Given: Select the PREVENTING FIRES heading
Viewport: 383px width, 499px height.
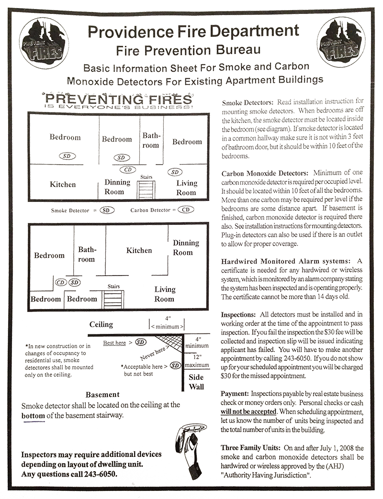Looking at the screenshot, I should coord(119,100).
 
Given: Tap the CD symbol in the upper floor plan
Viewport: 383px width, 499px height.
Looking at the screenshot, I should coord(128,168).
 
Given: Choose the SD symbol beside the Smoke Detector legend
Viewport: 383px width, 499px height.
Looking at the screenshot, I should coord(107,210).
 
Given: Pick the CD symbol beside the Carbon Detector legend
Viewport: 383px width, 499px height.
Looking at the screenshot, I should coord(186,210).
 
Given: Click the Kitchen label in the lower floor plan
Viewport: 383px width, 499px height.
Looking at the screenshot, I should coord(140,251).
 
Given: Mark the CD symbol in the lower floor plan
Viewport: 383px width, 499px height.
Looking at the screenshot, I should coord(60,283).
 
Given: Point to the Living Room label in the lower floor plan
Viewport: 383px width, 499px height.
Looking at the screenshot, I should coord(165,294).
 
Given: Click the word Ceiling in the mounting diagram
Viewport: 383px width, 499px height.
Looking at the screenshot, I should coord(101,325).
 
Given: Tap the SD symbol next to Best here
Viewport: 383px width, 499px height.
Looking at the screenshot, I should coord(140,342).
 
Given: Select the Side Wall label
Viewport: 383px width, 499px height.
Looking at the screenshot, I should coord(196,381).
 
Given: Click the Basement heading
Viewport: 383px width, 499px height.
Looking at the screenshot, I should coord(102,395).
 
